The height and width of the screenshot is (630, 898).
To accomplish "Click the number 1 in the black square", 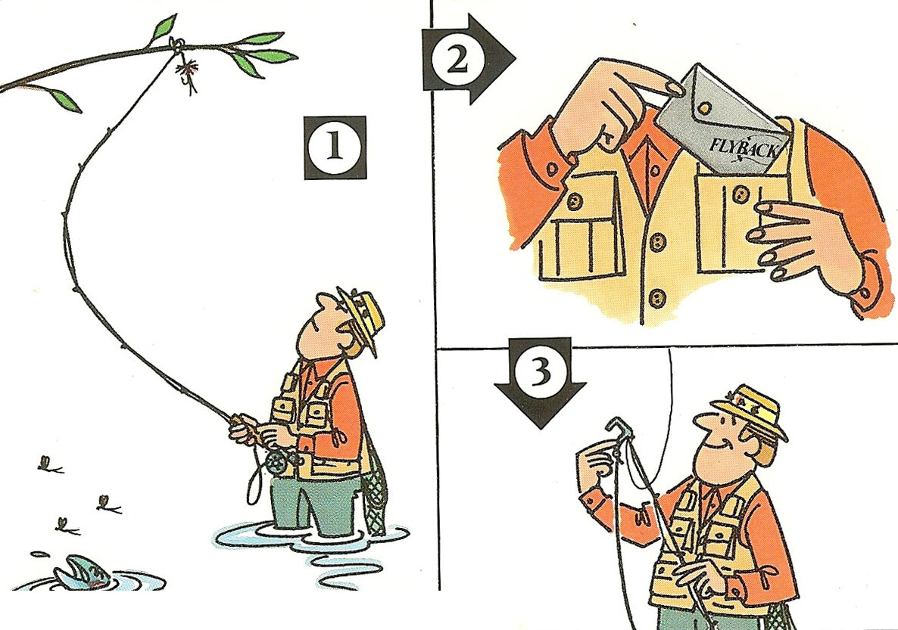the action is [335, 147].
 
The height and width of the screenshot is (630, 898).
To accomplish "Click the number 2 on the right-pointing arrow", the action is [457, 59].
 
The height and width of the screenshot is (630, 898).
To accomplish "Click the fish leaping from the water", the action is [85, 573].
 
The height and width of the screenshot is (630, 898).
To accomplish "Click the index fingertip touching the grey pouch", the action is [676, 88].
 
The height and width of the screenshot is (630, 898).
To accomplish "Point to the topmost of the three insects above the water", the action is [48, 465].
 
